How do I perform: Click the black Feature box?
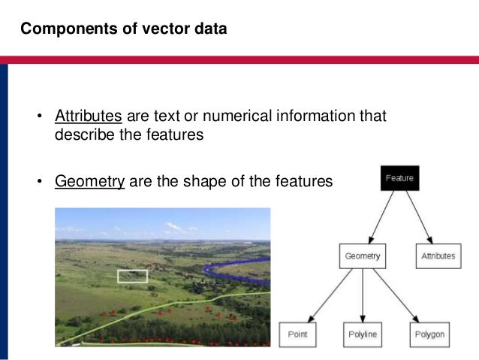coord(399,179)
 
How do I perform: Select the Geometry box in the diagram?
coord(363,256)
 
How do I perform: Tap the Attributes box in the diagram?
coord(438,256)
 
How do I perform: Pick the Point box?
coord(298,333)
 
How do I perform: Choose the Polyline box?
coord(363,333)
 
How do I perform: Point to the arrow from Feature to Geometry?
coord(381,218)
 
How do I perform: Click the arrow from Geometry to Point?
coord(330,295)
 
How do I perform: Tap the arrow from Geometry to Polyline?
coord(363,295)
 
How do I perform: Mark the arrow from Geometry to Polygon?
coord(396,295)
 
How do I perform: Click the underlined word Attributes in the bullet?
coord(88,116)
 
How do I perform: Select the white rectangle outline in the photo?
coord(133,276)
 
